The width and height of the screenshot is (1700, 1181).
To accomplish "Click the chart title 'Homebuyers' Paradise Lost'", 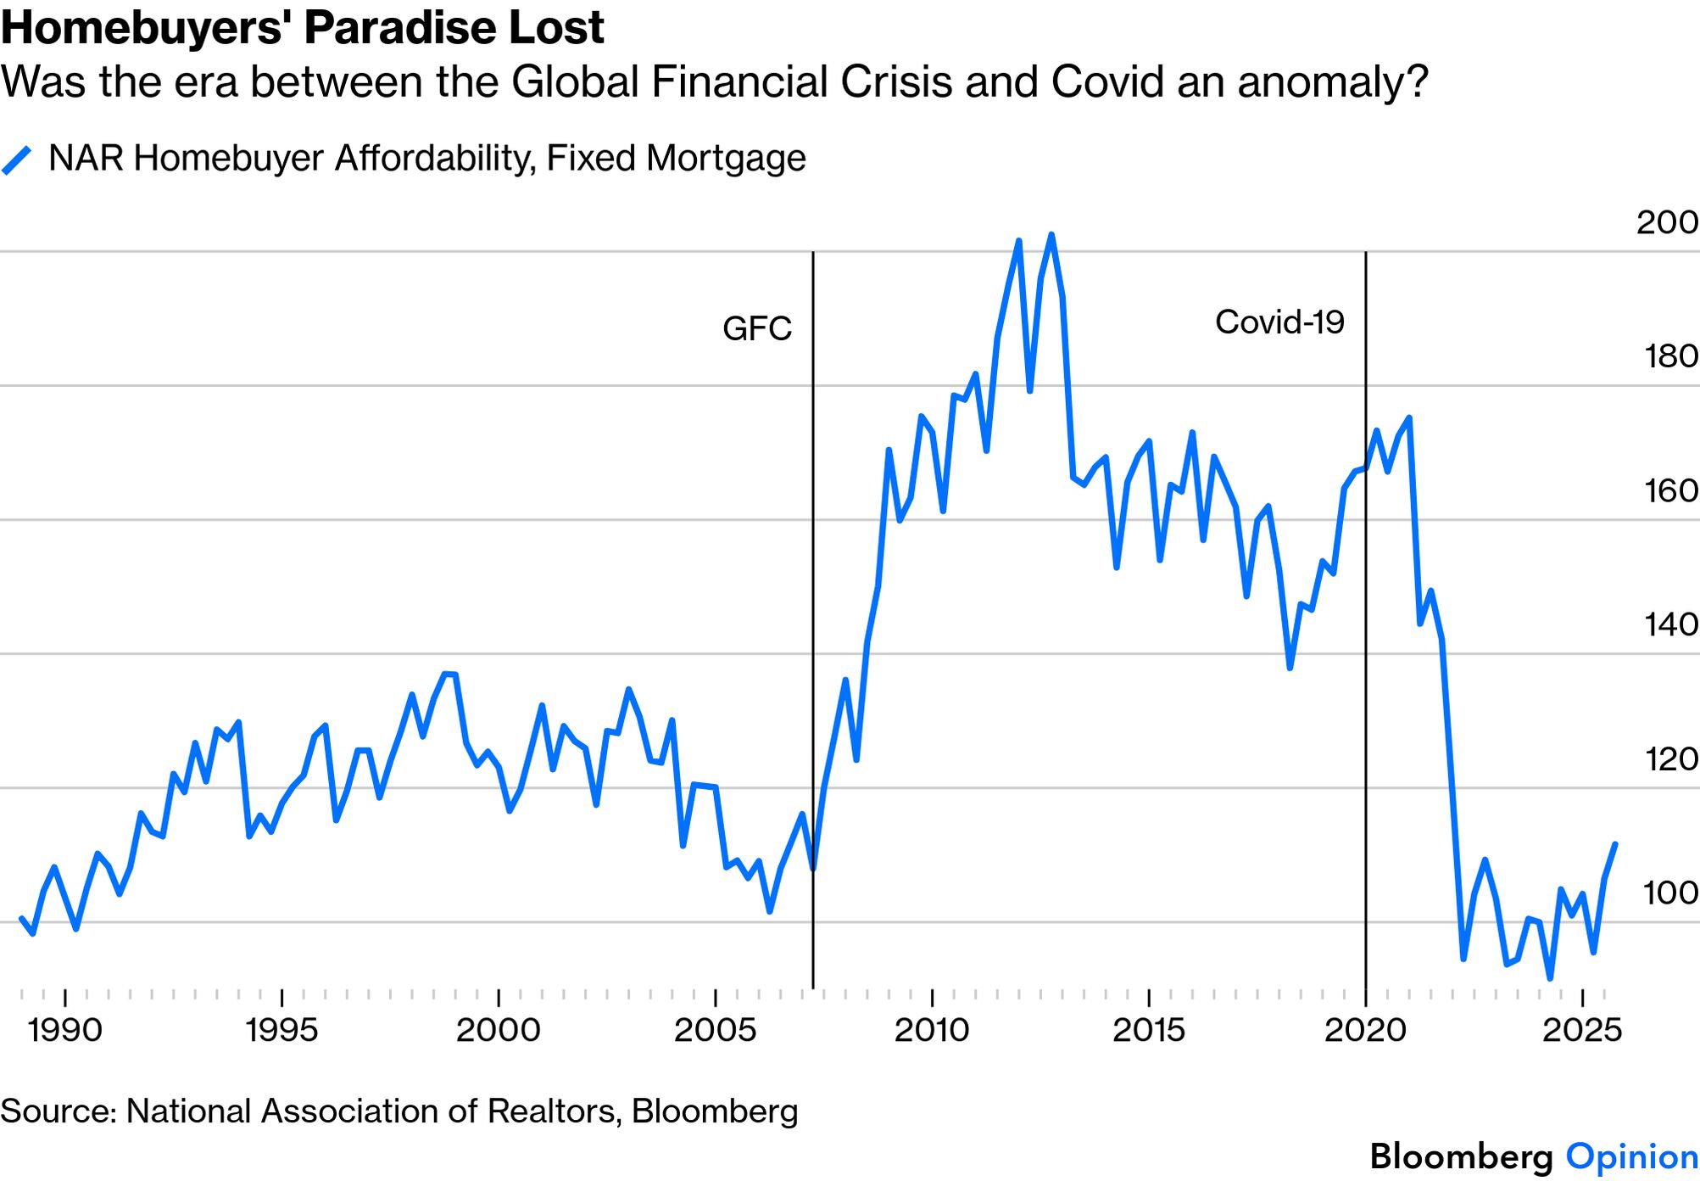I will click(x=302, y=28).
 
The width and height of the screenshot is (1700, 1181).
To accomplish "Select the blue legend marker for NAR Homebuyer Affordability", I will click(x=17, y=160).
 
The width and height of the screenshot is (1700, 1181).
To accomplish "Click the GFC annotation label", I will click(x=756, y=328).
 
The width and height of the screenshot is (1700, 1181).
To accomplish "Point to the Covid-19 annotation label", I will click(x=1279, y=322).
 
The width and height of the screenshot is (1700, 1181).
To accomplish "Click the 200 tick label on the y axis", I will click(x=1666, y=222).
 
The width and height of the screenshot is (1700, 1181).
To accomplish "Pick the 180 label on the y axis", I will click(x=1670, y=356).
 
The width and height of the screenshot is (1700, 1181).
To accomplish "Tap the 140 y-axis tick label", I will click(x=1670, y=624).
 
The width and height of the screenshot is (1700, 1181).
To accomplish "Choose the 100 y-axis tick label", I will click(x=1670, y=893).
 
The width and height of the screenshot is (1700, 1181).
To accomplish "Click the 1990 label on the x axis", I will click(x=64, y=1030).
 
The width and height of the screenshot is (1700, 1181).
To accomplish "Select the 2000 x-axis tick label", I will click(x=498, y=1030).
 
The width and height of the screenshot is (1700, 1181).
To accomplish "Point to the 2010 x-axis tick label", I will click(x=931, y=1030).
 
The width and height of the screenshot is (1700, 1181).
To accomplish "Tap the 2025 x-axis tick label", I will click(x=1581, y=1030).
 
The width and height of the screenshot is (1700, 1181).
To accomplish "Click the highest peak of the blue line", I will click(x=1051, y=235).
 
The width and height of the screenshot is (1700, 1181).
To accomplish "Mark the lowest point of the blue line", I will click(x=1550, y=978).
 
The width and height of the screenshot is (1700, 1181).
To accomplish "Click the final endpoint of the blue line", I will click(x=1615, y=844).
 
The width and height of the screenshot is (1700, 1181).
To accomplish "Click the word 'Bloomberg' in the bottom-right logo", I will click(x=1461, y=1156).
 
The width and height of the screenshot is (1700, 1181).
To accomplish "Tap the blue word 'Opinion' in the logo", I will click(x=1631, y=1156).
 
